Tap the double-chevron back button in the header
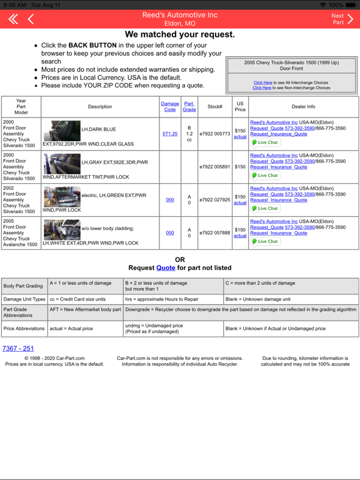click(x=12, y=19)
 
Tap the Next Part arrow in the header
click(x=342, y=19)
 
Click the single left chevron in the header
click(x=31, y=19)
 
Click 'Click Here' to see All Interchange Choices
click(x=262, y=82)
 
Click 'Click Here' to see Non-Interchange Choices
click(x=262, y=88)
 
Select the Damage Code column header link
click(x=170, y=106)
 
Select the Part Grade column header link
click(x=189, y=106)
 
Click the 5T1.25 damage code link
click(x=170, y=134)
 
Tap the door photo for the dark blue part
click(x=62, y=131)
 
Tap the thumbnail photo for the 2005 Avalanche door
click(x=62, y=230)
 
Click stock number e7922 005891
click(x=214, y=167)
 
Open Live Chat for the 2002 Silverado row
click(x=266, y=209)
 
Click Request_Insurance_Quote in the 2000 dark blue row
click(x=279, y=134)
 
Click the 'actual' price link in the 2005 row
click(x=240, y=236)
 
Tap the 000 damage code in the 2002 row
click(x=170, y=200)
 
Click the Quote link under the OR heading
click(x=166, y=267)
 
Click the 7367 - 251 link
click(x=18, y=348)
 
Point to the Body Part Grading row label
click(x=24, y=286)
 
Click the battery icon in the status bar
click(x=352, y=4)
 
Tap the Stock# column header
click(x=214, y=106)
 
